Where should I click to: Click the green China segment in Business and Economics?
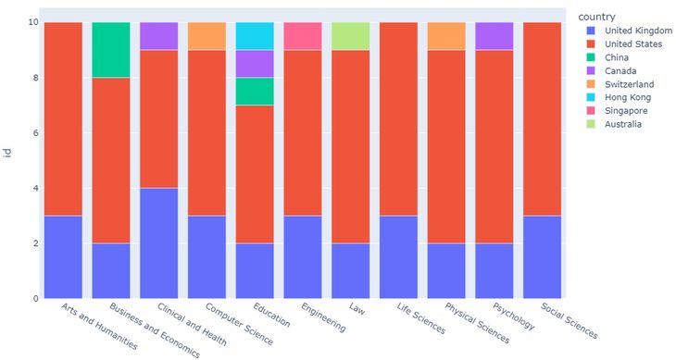[x=111, y=50]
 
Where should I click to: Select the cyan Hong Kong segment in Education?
[x=255, y=36]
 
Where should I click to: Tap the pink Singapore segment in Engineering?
[x=303, y=36]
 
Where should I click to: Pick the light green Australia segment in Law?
[x=350, y=36]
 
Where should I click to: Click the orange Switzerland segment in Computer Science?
[x=207, y=36]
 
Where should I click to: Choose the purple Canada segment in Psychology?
[x=494, y=36]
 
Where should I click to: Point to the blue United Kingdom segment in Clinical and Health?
[x=159, y=243]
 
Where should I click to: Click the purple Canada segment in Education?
[x=255, y=64]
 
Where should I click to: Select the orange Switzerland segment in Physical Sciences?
[x=446, y=36]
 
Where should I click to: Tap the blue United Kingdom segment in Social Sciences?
[x=542, y=257]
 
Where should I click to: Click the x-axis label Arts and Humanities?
[x=98, y=325]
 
